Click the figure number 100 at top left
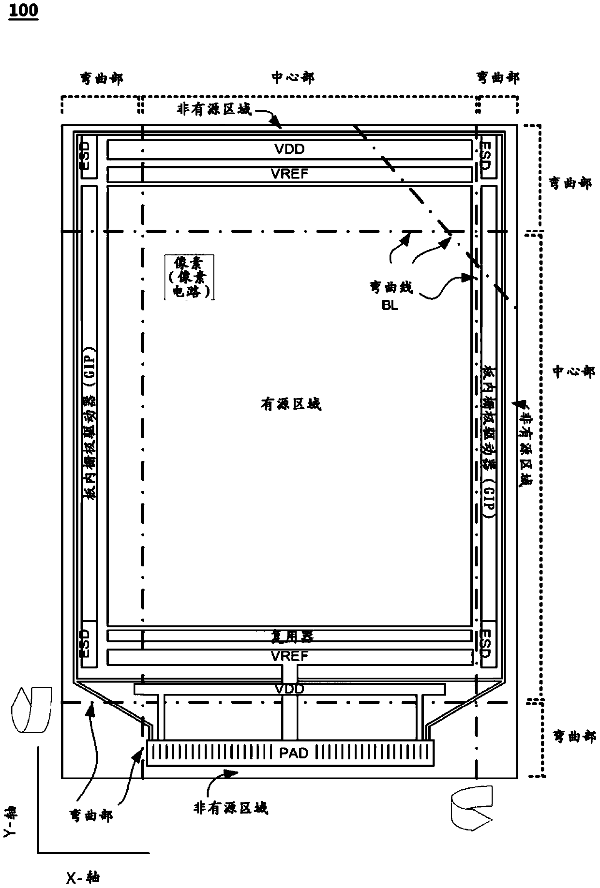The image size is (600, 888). click(x=23, y=10)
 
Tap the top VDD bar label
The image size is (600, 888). click(x=289, y=149)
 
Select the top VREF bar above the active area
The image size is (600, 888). click(x=289, y=174)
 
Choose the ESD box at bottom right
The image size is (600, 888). click(x=487, y=643)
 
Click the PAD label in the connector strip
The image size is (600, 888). click(x=293, y=753)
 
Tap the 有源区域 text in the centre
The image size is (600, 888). click(x=291, y=404)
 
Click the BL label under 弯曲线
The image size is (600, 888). click(x=390, y=306)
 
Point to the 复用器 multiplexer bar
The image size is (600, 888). click(x=289, y=636)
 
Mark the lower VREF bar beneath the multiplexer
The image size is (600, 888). click(x=289, y=656)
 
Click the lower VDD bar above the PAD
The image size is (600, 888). click(x=289, y=689)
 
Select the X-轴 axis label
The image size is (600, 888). click(x=83, y=877)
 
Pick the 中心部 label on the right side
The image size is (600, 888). click(x=574, y=371)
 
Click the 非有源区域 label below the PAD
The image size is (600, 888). click(x=230, y=807)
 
